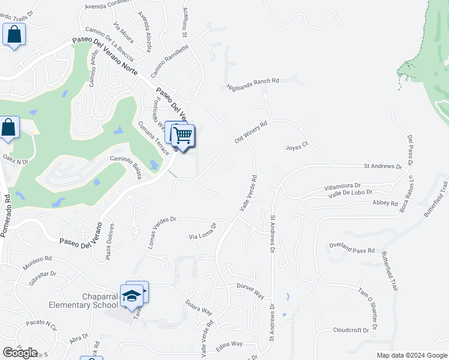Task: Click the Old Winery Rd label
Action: click(250, 131)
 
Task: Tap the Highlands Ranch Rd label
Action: click(253, 85)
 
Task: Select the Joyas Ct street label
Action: click(296, 145)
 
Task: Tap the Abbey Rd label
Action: click(385, 203)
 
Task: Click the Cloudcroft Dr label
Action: click(351, 330)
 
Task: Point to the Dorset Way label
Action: click(250, 291)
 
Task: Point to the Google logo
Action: click(20, 352)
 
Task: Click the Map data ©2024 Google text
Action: click(411, 355)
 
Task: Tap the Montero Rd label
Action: click(38, 262)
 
